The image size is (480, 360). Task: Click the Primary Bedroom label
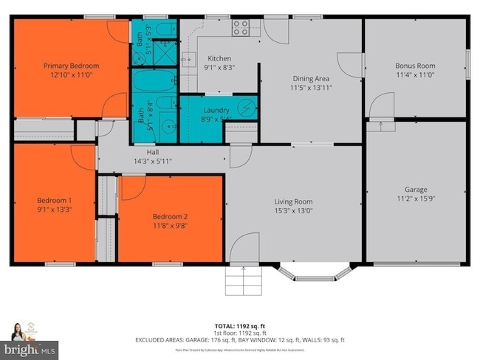71,66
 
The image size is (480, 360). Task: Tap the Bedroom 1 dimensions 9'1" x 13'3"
55,209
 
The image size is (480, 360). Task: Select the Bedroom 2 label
171,216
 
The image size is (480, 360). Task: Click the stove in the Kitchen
241,28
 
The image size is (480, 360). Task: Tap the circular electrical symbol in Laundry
247,108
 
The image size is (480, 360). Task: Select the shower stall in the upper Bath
165,52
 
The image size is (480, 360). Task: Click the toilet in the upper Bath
165,29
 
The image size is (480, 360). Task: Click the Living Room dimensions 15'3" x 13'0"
293,211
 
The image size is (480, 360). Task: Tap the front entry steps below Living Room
243,281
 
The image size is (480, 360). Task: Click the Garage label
416,189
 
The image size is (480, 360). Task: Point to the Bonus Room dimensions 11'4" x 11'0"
414,75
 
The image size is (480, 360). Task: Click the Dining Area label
311,78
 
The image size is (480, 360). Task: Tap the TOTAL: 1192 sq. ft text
240,325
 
